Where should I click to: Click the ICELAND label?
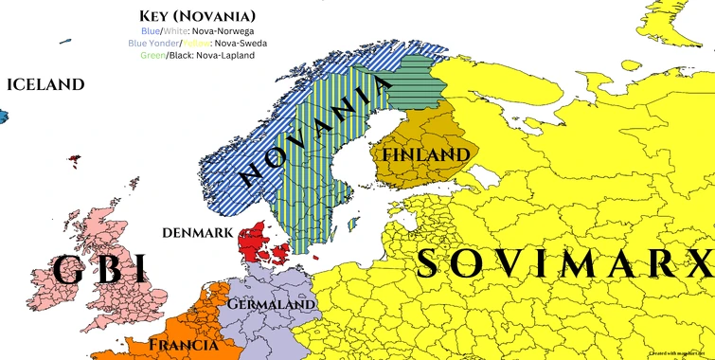pyautogui.click(x=45, y=84)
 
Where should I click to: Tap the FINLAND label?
pyautogui.click(x=425, y=153)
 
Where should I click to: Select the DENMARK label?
pyautogui.click(x=197, y=232)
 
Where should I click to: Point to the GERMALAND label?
pyautogui.click(x=273, y=305)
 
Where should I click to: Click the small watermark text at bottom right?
pyautogui.click(x=679, y=351)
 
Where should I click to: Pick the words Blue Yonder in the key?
pyautogui.click(x=150, y=43)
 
